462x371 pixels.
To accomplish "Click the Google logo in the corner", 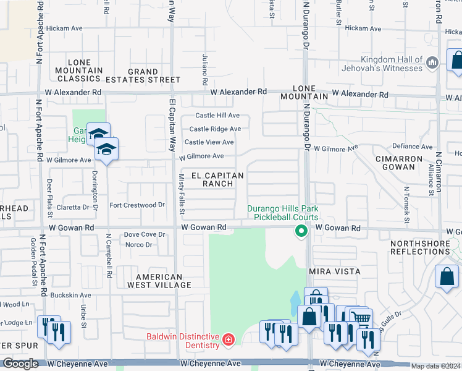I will tap(20, 364).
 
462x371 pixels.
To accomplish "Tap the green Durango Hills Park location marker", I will tap(301, 232).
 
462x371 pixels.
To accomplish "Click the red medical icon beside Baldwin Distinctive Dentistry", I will tap(229, 339).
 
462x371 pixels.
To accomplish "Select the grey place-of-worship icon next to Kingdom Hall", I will tap(432, 62).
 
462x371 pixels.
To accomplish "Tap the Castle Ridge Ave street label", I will tap(215, 129).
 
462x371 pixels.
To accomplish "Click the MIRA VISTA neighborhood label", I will tap(334, 271).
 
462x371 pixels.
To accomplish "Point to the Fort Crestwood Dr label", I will tap(137, 205).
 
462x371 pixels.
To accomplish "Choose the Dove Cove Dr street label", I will tap(145, 234).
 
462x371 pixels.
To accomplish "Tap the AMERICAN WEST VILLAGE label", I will tap(159, 281).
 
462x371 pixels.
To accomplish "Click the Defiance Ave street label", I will tap(413, 147).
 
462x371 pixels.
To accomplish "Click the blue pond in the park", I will tap(295, 304).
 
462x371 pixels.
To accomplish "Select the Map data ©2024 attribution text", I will tap(435, 366).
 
